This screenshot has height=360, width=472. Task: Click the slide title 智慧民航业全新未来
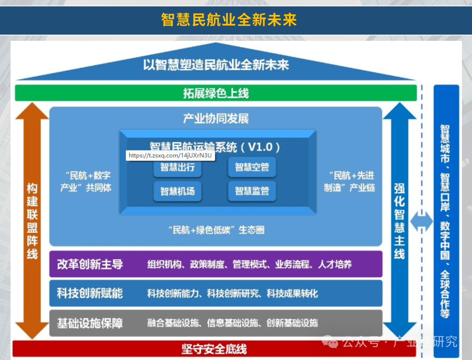coord(229,20)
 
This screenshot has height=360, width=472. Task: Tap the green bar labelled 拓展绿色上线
coord(216,93)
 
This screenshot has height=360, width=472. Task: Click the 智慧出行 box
coord(177,168)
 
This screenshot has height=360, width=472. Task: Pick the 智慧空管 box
coord(252,168)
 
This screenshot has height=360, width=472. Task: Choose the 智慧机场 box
coord(177,191)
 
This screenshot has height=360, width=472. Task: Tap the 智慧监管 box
coord(252,191)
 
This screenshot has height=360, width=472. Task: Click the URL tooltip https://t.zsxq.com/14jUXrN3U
coord(170,156)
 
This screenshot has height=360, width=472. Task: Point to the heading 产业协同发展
coord(216,119)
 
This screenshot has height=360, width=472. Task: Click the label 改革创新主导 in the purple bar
coord(90,264)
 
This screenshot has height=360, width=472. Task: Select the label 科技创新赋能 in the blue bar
coord(90,293)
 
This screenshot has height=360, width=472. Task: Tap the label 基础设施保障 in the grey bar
coord(90,323)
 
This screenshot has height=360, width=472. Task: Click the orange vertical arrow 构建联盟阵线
coord(32,221)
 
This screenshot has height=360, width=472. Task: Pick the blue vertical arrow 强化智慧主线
coord(399,221)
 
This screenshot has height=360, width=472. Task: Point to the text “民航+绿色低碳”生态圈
coord(216,230)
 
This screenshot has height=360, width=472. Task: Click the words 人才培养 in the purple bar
coord(335,264)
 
